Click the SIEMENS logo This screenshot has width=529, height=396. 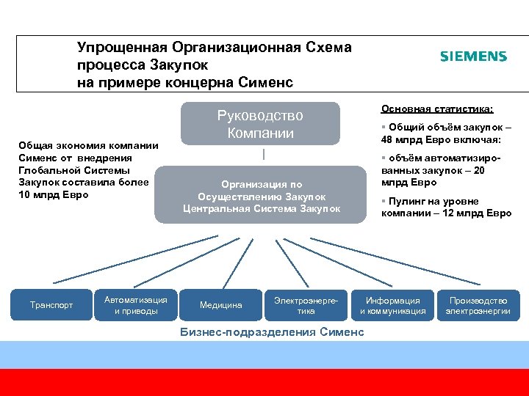(473, 56)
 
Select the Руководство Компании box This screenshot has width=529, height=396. (259, 124)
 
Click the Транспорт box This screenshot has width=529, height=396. (51, 305)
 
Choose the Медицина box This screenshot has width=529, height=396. (220, 305)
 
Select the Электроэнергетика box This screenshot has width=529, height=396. (306, 305)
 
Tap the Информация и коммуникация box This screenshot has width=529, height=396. (392, 305)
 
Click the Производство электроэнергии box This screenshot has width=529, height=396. (478, 305)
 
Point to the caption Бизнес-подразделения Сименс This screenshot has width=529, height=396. (272, 332)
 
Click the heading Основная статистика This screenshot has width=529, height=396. (437, 109)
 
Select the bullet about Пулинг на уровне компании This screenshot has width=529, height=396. (446, 208)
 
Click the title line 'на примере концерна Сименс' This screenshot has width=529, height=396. (185, 81)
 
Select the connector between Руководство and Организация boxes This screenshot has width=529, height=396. (262, 155)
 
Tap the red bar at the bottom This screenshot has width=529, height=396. (264, 382)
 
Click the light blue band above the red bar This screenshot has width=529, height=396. (264, 355)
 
